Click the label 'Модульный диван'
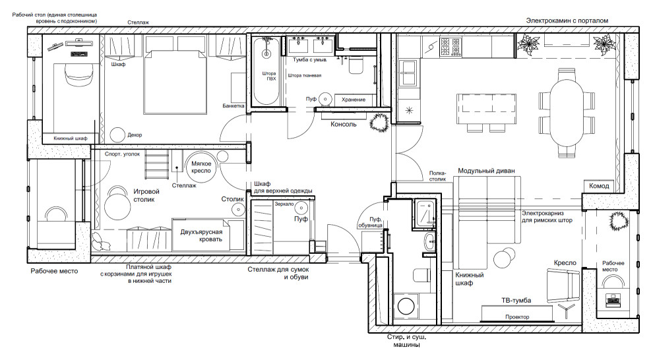(x=486, y=171)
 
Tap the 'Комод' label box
(x=599, y=186)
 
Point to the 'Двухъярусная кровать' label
(x=202, y=235)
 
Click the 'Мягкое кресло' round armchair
(x=201, y=166)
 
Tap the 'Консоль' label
(x=344, y=124)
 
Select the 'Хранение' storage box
(x=354, y=100)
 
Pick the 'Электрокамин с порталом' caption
(x=567, y=20)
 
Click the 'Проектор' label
(x=517, y=316)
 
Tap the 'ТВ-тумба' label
(x=516, y=301)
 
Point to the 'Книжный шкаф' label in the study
(x=71, y=138)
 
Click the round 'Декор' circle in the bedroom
(x=118, y=135)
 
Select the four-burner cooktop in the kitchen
(x=451, y=47)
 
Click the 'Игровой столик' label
(x=146, y=196)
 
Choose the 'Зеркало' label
(x=284, y=204)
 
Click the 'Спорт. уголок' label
(x=123, y=154)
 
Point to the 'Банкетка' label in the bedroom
(x=233, y=105)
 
